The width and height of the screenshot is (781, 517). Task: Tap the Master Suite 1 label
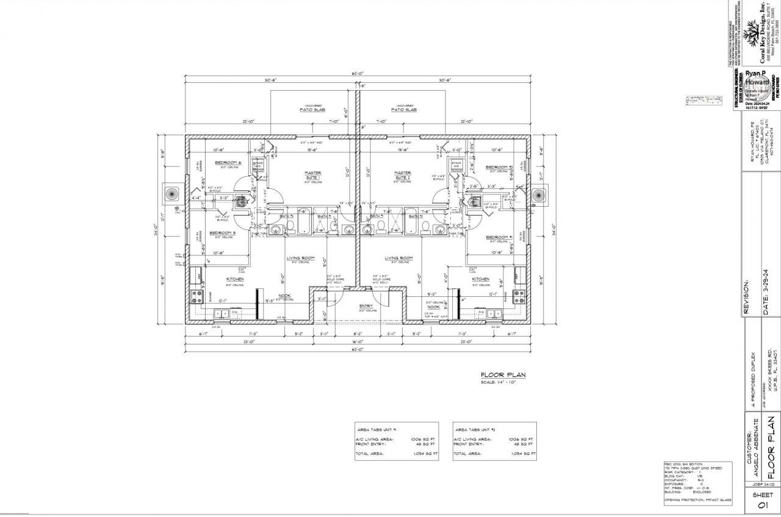pos(313,174)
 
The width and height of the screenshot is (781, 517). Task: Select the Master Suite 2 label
pos(402,174)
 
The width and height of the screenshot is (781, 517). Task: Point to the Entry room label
pos(366,306)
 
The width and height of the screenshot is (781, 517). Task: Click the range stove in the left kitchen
pos(197,297)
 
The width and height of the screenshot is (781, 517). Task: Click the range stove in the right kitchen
pos(519,297)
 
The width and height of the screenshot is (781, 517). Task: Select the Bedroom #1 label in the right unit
pos(498,237)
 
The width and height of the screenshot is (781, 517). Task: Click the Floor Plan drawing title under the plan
pos(503,376)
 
